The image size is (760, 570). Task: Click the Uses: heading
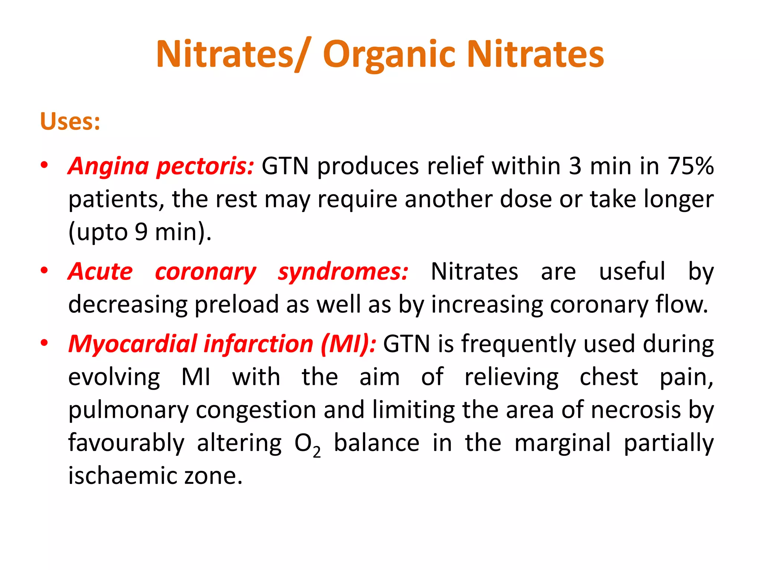(70, 121)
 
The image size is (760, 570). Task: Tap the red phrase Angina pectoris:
(161, 166)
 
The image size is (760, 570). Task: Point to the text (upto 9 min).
(140, 232)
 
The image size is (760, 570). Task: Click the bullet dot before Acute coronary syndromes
(44, 270)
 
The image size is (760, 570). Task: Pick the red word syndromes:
(343, 272)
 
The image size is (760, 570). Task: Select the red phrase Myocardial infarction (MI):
(222, 344)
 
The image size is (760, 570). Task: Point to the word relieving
(511, 377)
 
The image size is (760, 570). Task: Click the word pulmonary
(129, 410)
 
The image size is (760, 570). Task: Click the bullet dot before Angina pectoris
(44, 165)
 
